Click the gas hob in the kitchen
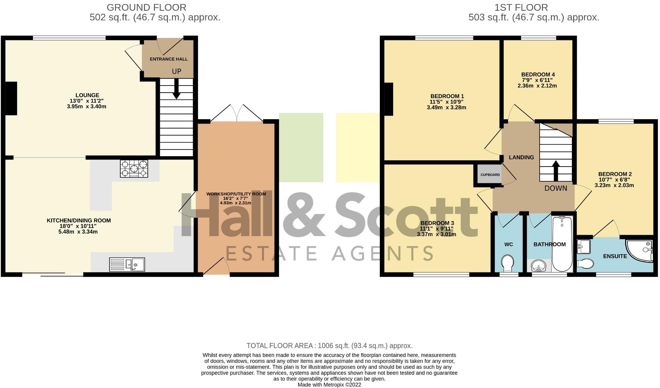(134, 169)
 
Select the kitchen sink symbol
(127, 264)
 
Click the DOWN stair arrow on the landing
(556, 170)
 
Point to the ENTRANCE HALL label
(168, 59)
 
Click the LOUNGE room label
(87, 95)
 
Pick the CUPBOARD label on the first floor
(490, 175)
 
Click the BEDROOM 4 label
(537, 74)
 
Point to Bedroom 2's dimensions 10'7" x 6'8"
(614, 180)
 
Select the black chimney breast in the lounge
(11, 99)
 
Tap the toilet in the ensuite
(586, 263)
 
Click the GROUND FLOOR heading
(146, 7)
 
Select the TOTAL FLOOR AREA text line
(329, 346)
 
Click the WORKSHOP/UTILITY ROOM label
(236, 194)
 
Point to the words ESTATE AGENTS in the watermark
(329, 254)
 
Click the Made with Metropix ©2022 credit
(329, 385)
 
